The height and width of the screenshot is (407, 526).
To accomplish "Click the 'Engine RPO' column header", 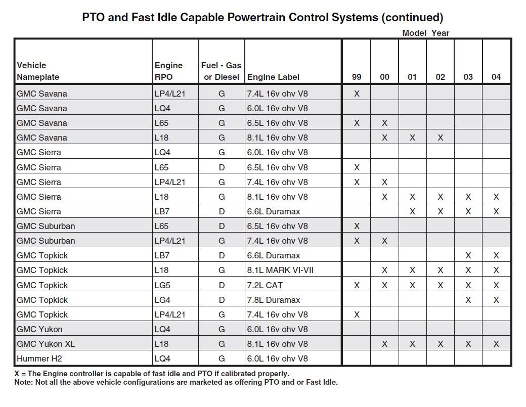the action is pos(168,71).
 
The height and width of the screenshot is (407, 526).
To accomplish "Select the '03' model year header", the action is pos(468,77).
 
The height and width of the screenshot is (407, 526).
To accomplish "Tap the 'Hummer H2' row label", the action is pos(39,358).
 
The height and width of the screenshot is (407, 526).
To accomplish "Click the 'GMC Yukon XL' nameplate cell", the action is pos(46,344).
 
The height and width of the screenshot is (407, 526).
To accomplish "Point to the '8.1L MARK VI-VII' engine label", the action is pos(280,270).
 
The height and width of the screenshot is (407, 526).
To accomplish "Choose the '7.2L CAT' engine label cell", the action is pos(265,285).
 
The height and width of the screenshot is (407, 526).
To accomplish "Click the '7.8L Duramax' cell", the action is pos(274,300).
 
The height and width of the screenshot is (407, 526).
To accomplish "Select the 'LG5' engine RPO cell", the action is pos(162,285).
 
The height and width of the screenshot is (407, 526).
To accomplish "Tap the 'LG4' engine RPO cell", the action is pos(162,300).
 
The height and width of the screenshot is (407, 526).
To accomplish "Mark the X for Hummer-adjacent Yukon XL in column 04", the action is pos(496,344).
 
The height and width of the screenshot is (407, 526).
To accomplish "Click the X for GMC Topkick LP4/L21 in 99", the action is pos(357,314).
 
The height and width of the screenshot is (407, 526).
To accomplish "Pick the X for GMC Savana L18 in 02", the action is pos(440,138).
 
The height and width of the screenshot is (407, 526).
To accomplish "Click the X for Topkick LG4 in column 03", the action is pos(468,300).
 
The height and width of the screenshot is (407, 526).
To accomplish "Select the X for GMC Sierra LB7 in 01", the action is pos(412,211).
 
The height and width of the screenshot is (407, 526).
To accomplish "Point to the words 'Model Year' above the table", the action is pos(425,33).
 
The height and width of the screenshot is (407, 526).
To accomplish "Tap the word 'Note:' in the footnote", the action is pos(23,382).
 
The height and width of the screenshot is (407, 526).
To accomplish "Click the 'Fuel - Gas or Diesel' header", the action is pos(222,71).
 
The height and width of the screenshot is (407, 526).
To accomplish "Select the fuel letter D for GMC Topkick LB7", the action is pos(222,255).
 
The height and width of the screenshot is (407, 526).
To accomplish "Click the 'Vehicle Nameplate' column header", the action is pos(38,71).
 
